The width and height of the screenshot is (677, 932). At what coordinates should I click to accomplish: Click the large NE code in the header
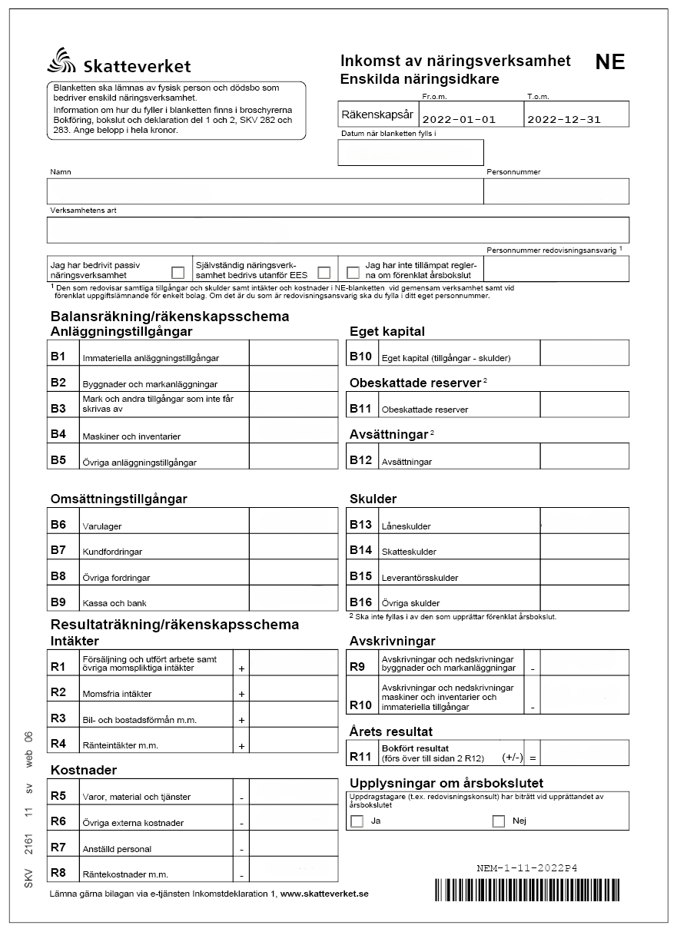[610, 63]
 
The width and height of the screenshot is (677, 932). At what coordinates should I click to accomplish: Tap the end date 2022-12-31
[564, 119]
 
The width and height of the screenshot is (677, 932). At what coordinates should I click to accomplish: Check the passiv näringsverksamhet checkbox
[178, 272]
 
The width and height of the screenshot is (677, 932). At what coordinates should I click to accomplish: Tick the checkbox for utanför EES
[324, 272]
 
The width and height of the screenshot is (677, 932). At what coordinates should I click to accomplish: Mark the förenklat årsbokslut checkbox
[353, 272]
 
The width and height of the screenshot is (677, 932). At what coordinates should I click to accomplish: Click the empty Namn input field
[264, 191]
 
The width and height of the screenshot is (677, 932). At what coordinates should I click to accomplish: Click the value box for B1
[293, 353]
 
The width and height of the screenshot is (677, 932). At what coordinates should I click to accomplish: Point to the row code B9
[58, 602]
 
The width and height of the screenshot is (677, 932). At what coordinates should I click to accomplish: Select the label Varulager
[102, 526]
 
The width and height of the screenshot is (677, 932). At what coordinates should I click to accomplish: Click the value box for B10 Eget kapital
[584, 353]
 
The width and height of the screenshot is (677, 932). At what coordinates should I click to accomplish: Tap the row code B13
[360, 524]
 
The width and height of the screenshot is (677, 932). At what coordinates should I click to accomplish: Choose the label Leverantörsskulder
[420, 578]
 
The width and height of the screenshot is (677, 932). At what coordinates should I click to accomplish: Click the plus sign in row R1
[241, 669]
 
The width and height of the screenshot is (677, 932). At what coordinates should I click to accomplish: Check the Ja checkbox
[357, 821]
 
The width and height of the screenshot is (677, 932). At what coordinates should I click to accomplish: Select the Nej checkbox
[498, 821]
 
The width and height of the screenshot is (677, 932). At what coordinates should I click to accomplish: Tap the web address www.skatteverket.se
[325, 894]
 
